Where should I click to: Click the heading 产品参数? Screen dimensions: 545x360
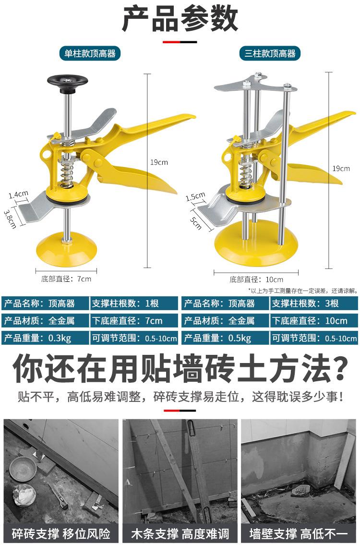tap(180, 20)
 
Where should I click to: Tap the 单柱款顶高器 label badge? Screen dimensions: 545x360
tap(90, 53)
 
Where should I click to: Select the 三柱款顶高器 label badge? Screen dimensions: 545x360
tap(270, 53)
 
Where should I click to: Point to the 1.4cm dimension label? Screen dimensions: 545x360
tap(18, 194)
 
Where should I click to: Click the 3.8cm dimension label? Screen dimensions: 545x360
tap(10, 218)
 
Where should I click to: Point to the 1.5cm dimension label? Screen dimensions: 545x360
tap(195, 197)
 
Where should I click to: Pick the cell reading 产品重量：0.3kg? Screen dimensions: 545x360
tap(45, 338)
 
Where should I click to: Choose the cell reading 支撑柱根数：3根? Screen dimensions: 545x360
tap(314, 303)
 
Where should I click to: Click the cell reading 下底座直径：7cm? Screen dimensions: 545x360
tap(134, 321)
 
